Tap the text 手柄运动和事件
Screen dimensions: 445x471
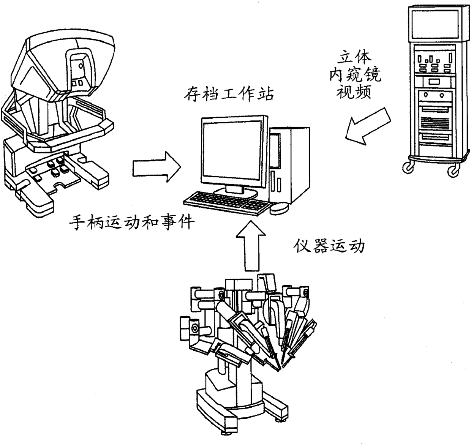click(131, 221)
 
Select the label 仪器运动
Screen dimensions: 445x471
click(329, 246)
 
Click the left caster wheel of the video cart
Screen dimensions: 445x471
click(408, 167)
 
